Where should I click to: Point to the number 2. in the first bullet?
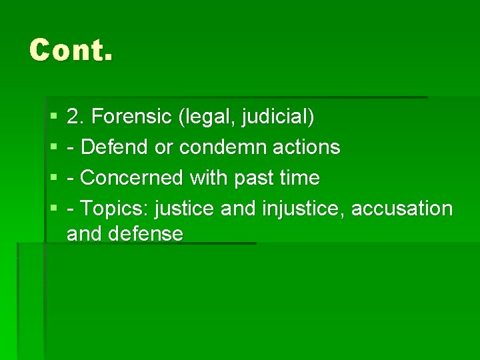pyautogui.click(x=75, y=117)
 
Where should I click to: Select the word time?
pyautogui.click(x=300, y=178)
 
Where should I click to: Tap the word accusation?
pyautogui.click(x=401, y=209)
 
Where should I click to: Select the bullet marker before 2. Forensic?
pyautogui.click(x=53, y=118)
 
